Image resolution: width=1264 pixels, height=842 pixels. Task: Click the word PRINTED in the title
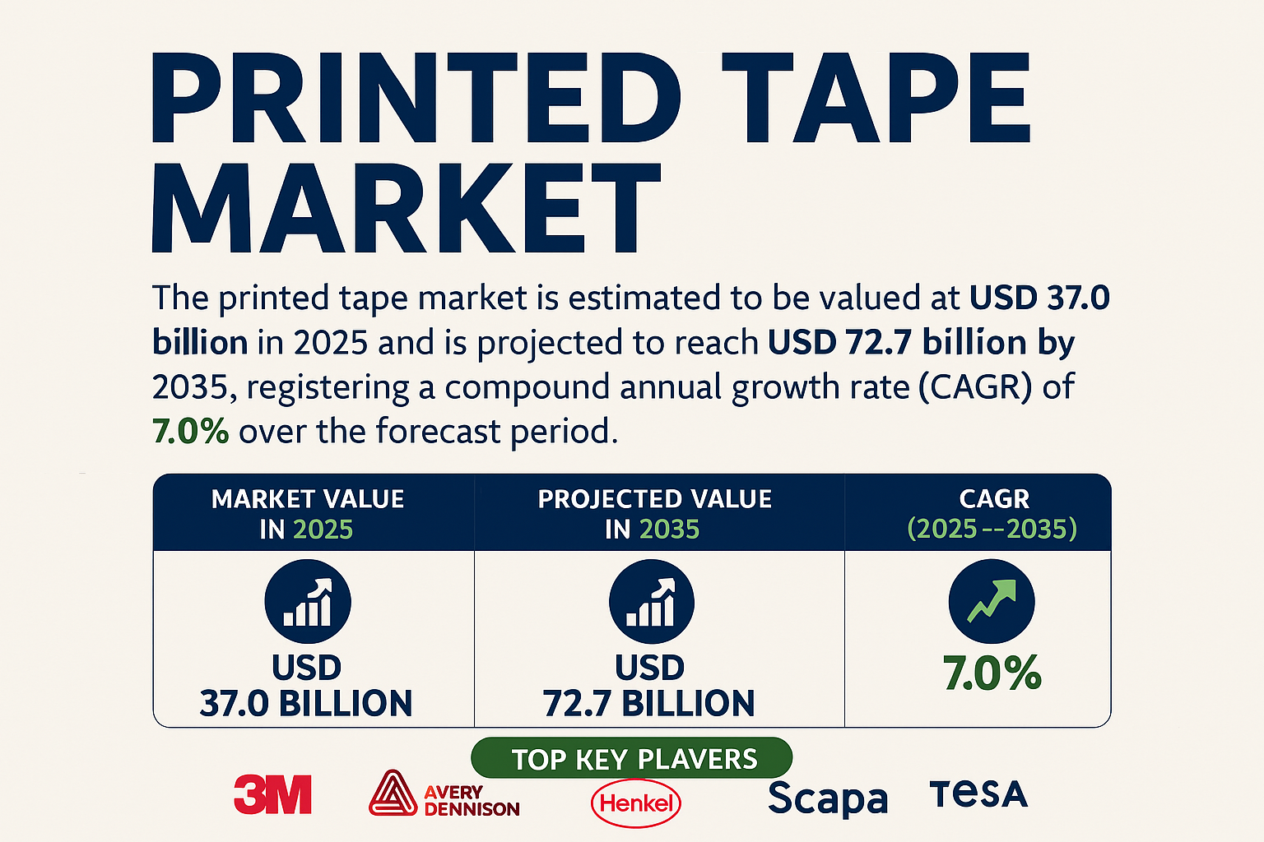pos(416,99)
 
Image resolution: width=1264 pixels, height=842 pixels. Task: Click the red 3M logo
pos(272,794)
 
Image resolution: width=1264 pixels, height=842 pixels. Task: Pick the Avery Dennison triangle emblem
pos(393,793)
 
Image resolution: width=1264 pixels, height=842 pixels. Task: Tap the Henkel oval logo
pos(636,803)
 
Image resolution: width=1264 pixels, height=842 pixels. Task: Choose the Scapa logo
pos(828,798)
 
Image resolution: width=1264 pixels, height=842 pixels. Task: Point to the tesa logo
pos(978,794)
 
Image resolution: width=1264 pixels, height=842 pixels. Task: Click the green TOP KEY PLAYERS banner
pos(632,758)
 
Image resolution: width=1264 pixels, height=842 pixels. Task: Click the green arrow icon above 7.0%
pos(992,600)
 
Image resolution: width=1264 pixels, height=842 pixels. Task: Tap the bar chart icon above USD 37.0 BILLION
pos(308,602)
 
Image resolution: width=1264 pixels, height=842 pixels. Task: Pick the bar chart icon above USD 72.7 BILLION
pos(651,602)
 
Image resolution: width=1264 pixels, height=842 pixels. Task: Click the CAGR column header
pos(993,499)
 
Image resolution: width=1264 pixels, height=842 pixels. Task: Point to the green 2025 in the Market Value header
pos(323,530)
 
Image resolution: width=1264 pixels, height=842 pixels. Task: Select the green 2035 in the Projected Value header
pos(669,530)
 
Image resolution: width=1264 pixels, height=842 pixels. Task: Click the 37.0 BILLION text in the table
pos(306,704)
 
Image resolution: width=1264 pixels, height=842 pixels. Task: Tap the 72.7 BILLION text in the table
pos(649,704)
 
